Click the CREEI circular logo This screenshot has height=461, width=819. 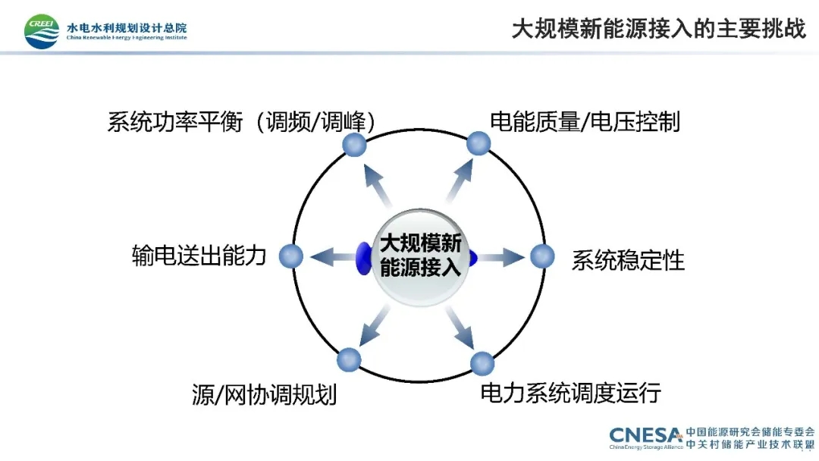pyautogui.click(x=42, y=31)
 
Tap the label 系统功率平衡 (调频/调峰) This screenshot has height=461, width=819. pyautogui.click(x=241, y=121)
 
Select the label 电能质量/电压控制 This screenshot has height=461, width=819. pyautogui.click(x=585, y=121)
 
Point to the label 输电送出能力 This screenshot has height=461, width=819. pyautogui.click(x=199, y=256)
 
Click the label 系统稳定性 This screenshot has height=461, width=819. pyautogui.click(x=628, y=260)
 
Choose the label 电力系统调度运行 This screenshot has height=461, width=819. pyautogui.click(x=571, y=393)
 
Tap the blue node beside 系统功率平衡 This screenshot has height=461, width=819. pyautogui.click(x=354, y=145)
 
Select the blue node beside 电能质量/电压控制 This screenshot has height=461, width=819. pyautogui.click(x=478, y=143)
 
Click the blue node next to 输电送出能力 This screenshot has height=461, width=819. pyautogui.click(x=291, y=256)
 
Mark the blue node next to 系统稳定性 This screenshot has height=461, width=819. pyautogui.click(x=541, y=256)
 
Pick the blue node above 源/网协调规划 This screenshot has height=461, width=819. pyautogui.click(x=349, y=359)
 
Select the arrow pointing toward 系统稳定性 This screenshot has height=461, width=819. pyautogui.click(x=502, y=257)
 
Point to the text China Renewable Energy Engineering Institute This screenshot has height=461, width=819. pyautogui.click(x=127, y=37)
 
